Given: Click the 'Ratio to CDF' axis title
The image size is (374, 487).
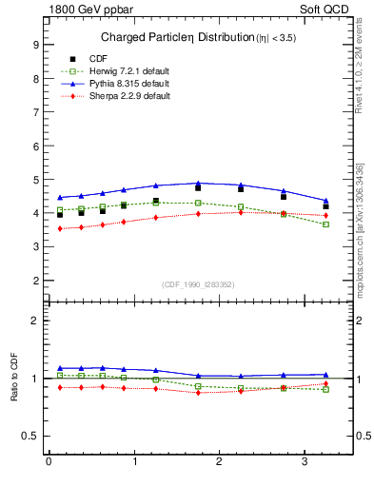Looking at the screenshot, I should coord(14,378).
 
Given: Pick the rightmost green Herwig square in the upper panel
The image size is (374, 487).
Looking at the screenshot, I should coord(326,224).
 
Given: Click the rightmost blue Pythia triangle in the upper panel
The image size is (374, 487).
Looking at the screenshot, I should coord(326,200).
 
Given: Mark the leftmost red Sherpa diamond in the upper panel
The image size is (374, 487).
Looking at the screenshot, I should coord(60,229).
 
